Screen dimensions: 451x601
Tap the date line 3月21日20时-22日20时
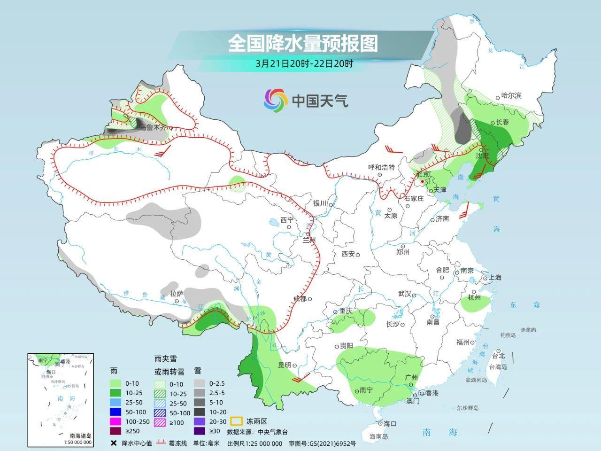click(x=304, y=63)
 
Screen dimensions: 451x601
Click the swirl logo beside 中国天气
click(x=275, y=100)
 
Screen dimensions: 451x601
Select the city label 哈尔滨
click(x=511, y=95)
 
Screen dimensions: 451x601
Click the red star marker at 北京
click(x=423, y=181)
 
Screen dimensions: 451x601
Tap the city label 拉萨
click(x=177, y=293)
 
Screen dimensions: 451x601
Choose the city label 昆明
click(x=285, y=365)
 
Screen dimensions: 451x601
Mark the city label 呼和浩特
click(x=381, y=167)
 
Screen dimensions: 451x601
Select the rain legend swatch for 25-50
click(x=116, y=403)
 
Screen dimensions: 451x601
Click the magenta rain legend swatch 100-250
click(x=116, y=422)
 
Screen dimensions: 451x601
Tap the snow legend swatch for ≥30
click(x=200, y=431)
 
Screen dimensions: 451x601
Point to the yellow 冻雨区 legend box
click(x=236, y=421)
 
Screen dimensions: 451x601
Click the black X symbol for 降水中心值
click(x=113, y=443)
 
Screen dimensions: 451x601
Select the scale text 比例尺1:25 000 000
click(x=254, y=443)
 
